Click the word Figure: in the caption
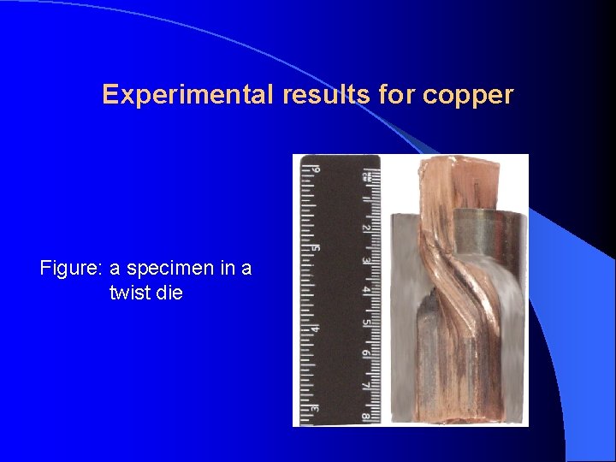point(71,268)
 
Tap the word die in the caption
point(169,293)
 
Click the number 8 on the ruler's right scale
point(365,418)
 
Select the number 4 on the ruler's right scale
point(365,291)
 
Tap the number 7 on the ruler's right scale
point(365,387)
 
